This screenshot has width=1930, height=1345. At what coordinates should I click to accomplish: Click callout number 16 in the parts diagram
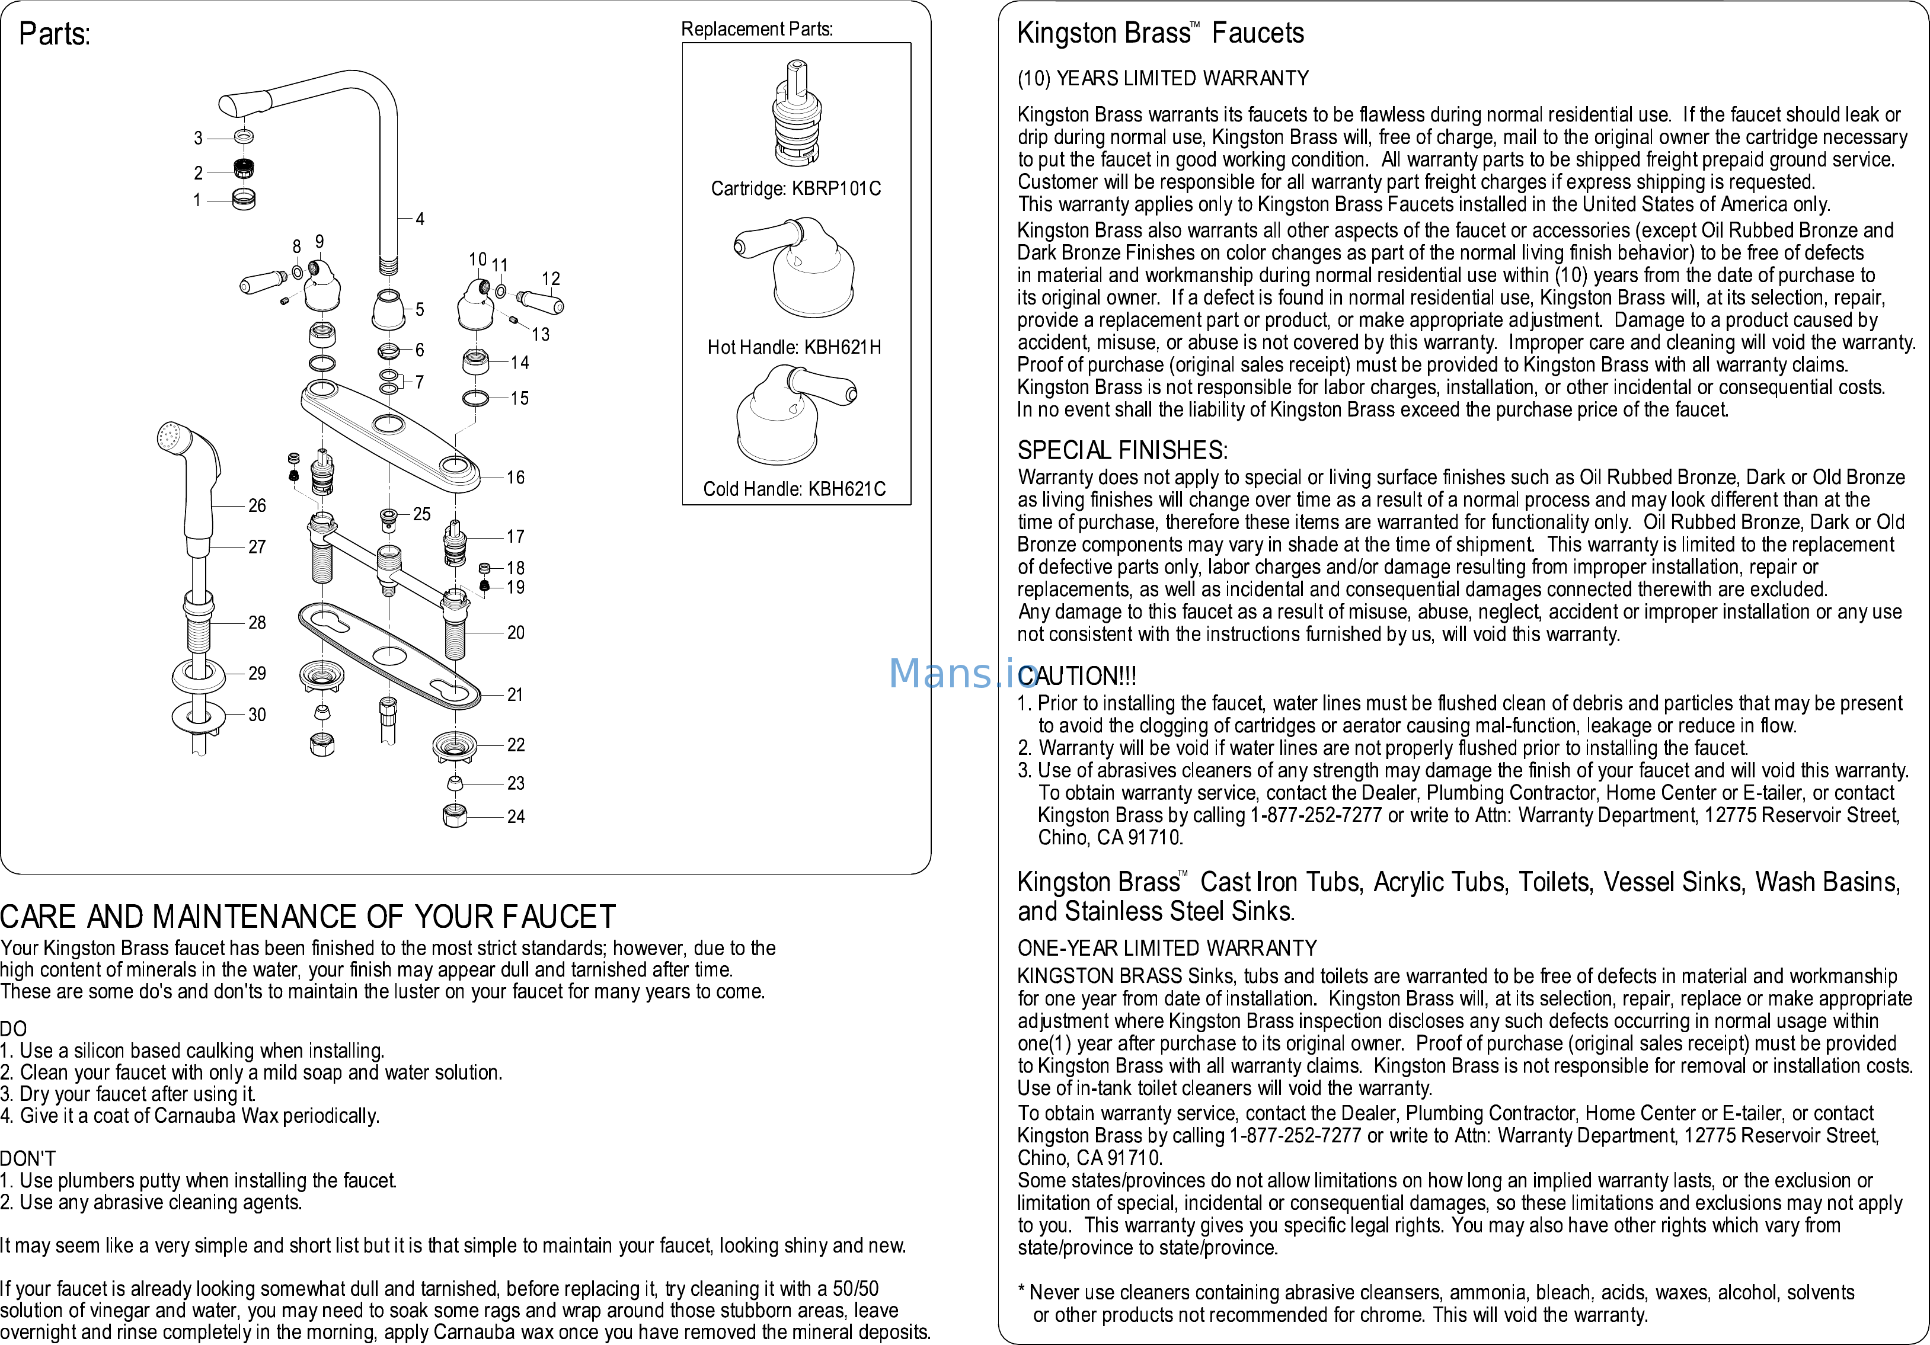(515, 477)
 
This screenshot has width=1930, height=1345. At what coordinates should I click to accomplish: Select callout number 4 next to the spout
(420, 219)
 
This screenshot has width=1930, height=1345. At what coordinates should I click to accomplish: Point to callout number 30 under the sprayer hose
(257, 715)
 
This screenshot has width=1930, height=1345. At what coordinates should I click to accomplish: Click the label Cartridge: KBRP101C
(795, 188)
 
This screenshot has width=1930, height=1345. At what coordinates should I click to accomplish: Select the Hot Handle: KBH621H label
(794, 347)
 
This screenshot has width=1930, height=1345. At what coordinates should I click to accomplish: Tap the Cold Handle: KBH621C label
(794, 489)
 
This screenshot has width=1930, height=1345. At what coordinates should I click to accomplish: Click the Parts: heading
(55, 34)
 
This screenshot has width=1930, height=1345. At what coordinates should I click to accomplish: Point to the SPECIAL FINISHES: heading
(1122, 450)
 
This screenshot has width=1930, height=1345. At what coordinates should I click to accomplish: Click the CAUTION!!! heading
(1077, 676)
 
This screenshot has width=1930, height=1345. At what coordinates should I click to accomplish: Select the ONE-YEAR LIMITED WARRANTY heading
(1167, 949)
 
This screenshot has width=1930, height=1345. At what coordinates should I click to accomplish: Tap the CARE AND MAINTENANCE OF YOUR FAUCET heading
(308, 917)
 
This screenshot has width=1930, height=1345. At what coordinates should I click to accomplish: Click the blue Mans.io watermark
(963, 673)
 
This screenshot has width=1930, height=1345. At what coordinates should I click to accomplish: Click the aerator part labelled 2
(244, 168)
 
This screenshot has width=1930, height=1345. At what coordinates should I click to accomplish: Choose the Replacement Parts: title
(756, 30)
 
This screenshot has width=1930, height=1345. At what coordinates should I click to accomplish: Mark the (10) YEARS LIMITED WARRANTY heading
(1162, 78)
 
